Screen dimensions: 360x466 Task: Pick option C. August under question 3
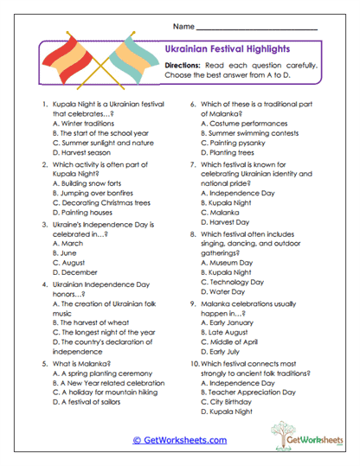pos(68,262)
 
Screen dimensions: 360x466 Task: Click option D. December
pos(74,272)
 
